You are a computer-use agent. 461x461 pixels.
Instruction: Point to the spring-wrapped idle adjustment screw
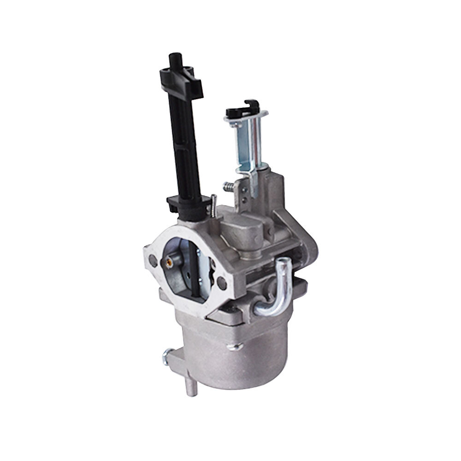pyautogui.click(x=229, y=187)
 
